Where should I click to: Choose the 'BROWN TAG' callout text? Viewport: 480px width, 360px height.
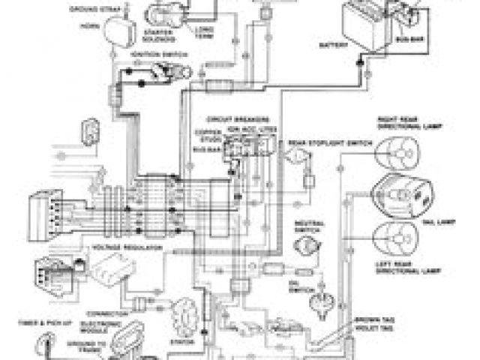click(370, 319)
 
